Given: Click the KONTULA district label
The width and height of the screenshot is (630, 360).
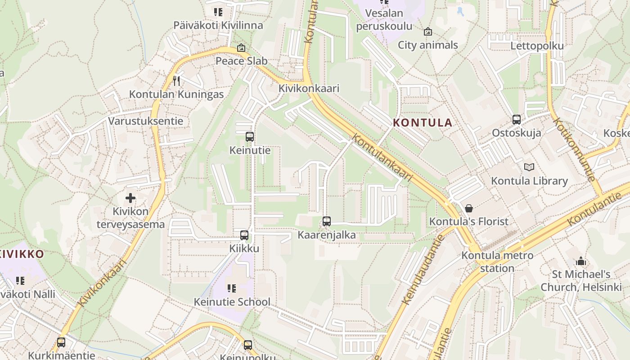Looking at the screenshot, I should coord(423,122).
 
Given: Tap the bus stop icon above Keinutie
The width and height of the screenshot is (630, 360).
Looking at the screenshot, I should coord(250,137).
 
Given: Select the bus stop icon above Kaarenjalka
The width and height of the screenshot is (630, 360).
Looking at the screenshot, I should coord(327,221).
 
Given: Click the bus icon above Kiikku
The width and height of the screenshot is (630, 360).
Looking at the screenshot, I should coord(244,235).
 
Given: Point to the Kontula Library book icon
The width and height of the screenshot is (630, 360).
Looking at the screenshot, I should coord(529,167).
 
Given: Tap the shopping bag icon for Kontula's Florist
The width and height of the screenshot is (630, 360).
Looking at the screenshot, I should coord(469,208).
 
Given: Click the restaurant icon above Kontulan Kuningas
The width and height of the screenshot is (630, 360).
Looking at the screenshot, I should coord(176,81).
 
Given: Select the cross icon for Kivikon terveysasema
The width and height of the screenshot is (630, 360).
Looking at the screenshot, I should coord(130,198).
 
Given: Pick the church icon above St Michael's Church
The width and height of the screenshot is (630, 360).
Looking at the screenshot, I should coord(581,261).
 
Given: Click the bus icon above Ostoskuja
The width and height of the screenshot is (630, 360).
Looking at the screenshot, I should coord(517,120).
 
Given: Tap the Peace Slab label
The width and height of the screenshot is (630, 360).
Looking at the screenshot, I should coord(241,61).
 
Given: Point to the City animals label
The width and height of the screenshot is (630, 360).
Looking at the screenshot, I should coord(427,45).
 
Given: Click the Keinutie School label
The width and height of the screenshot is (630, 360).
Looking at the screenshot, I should coord(232,301).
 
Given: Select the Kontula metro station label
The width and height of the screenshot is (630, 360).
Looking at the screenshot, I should coord(491,262).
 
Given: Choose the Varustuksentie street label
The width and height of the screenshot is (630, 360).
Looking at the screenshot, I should coord(145,121).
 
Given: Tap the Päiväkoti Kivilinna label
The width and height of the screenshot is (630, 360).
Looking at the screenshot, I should coord(218,25).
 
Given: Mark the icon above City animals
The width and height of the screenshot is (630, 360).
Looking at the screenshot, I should coord(427,31).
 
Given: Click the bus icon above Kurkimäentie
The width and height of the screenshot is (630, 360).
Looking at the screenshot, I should coord(61,342).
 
